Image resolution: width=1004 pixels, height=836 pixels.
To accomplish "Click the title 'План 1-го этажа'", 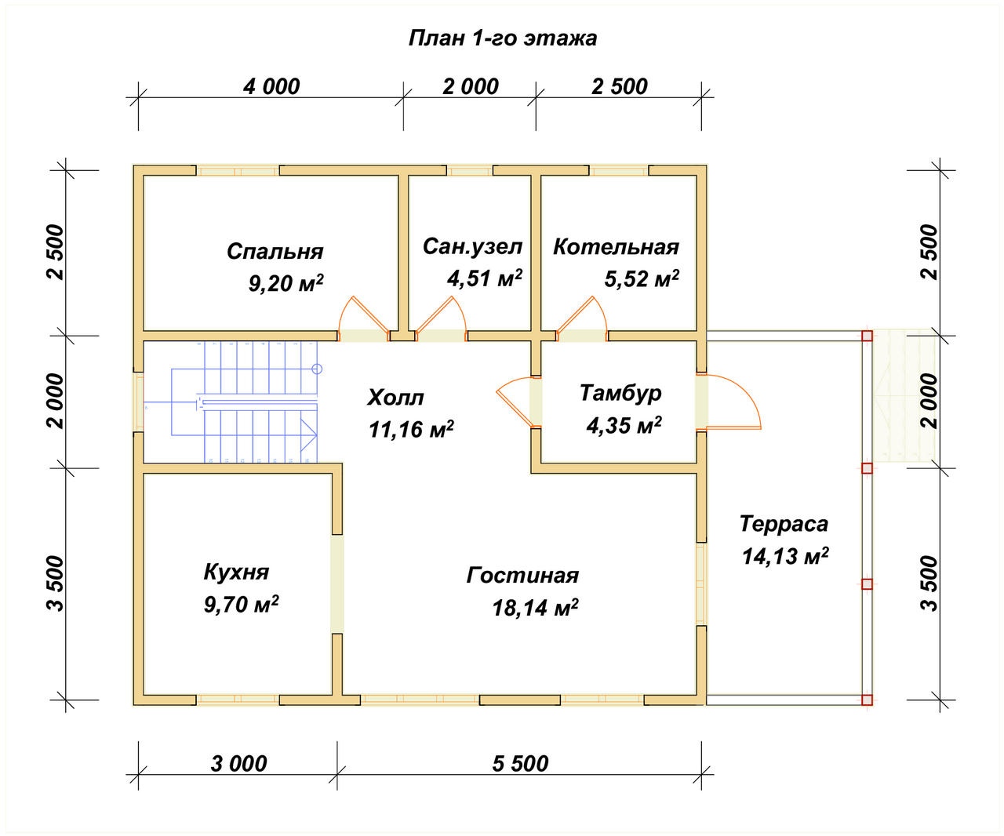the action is point(503,38).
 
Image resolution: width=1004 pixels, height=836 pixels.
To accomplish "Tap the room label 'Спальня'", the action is point(275,252).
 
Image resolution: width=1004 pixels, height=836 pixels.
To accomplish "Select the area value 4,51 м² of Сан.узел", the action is point(484,278).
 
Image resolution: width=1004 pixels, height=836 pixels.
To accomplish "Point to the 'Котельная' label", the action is point(616,247).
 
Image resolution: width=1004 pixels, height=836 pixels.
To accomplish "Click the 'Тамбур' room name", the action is point(620,393).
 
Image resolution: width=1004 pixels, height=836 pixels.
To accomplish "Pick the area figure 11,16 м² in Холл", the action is point(411,429).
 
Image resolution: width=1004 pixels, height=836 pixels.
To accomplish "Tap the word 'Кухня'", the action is point(236,572).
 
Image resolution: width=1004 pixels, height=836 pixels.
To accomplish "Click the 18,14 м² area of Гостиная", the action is point(535,607).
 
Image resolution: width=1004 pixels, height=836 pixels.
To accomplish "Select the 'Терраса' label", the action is point(784,524).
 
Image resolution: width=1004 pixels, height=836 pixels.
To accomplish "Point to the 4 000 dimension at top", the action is point(271,87).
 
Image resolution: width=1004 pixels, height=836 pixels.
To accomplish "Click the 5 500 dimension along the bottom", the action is point(520,764).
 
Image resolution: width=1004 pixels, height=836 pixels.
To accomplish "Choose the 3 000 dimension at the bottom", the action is point(238,764).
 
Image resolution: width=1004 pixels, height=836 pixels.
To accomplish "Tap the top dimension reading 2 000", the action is point(471,87).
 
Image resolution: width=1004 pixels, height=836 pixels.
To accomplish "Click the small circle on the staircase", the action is point(316,369).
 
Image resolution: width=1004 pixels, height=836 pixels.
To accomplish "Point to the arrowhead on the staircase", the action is point(309,435).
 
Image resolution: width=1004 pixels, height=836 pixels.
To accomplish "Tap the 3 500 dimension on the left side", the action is point(56,583).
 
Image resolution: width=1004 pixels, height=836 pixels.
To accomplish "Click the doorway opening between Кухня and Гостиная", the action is point(337,583).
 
